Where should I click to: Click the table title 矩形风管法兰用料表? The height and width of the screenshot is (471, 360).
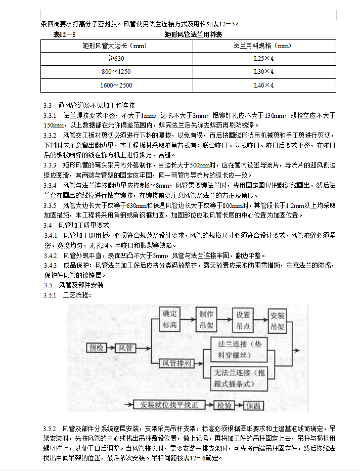194,35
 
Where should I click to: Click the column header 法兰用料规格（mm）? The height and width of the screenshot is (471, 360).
262,46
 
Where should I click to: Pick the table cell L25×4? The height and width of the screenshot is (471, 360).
263,59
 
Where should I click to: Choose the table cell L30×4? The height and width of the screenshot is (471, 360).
263,72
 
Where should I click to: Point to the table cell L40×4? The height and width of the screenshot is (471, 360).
263,85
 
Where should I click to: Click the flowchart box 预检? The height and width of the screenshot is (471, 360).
97,348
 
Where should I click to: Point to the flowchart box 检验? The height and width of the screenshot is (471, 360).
224,405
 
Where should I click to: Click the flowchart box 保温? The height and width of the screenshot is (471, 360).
253,405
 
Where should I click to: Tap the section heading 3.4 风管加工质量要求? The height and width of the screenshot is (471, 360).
76,225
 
